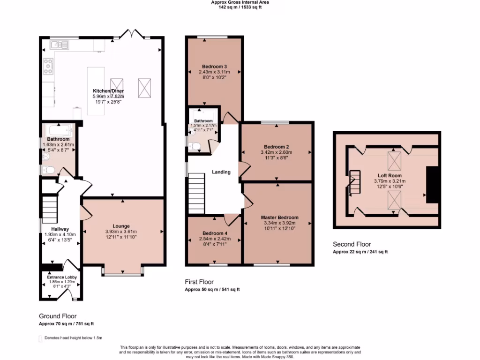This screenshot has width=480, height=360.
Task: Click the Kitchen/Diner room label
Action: pos(108,90)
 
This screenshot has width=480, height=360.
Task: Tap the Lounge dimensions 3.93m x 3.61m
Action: pos(120,232)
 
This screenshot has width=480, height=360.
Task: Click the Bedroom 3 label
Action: pos(215,66)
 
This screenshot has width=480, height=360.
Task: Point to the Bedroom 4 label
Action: pos(215,233)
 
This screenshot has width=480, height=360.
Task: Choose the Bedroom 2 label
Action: pos(277,146)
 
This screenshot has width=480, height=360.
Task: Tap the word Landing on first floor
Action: pos(221,172)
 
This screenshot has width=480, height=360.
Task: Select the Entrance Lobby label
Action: pos(62,277)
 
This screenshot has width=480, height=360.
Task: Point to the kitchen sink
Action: pos(60,45)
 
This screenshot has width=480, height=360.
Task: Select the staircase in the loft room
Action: pos(355,182)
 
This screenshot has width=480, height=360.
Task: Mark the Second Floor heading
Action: pos(352,244)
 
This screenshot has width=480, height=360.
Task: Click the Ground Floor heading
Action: pos(58,316)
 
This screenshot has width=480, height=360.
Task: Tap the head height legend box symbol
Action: pos(40,338)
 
